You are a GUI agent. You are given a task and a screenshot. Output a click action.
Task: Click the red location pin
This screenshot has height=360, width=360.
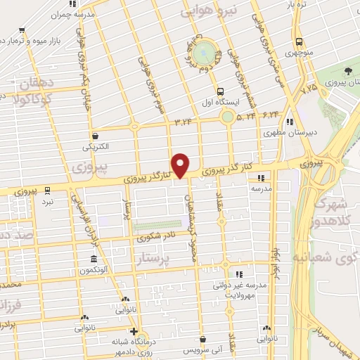[x=181, y=165]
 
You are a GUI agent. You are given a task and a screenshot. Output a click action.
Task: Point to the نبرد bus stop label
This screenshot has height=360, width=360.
[x=46, y=200]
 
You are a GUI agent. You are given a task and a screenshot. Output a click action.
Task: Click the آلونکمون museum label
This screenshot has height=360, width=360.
[x=93, y=270]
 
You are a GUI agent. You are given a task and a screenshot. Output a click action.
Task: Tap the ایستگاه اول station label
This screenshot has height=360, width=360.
[x=221, y=101]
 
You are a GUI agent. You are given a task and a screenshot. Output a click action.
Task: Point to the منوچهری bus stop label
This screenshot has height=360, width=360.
[x=300, y=52]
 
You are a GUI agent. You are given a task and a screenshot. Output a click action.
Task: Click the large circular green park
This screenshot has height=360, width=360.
[x=205, y=51]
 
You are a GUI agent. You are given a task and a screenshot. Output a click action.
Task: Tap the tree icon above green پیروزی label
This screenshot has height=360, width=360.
[x=349, y=71]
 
